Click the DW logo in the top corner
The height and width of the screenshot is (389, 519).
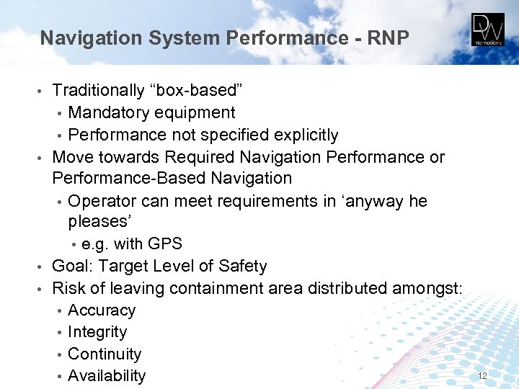tap(488, 30)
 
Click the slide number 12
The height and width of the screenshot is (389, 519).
tap(483, 376)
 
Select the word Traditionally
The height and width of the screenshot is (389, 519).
tap(99, 91)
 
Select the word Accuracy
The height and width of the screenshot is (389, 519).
tap(101, 310)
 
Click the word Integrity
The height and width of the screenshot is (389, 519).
tap(97, 332)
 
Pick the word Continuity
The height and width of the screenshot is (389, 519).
tap(104, 354)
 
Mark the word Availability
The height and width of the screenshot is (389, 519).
tap(106, 376)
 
